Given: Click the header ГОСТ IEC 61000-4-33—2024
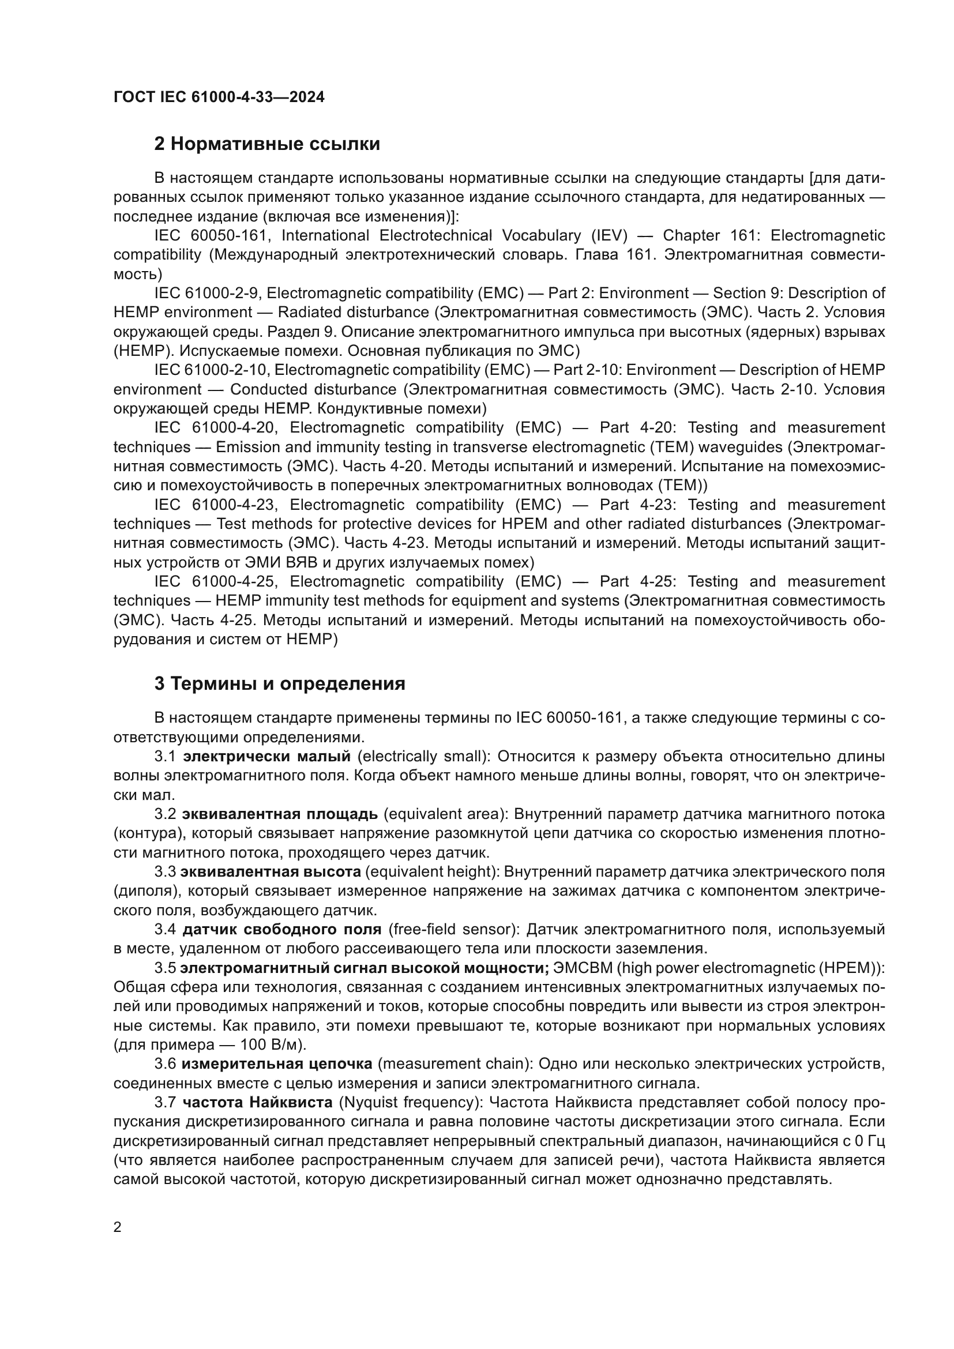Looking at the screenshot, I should coord(219,97).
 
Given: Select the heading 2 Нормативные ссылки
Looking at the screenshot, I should coord(266,144).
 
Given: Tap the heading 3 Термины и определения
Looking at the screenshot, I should coord(280,684).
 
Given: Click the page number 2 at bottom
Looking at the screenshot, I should coord(118,1227).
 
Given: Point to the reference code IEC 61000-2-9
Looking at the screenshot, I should coord(208,293).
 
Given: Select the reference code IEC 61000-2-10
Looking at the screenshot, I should coord(212,370).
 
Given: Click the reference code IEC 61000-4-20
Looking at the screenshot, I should coord(215,428).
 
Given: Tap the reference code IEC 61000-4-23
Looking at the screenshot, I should coord(215,505).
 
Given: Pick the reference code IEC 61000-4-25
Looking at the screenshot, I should coord(215,582).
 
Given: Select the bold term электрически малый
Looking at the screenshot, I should coord(266,757).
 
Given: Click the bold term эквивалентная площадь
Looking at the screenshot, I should coord(280,814).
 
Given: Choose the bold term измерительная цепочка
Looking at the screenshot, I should coord(277,1064).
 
